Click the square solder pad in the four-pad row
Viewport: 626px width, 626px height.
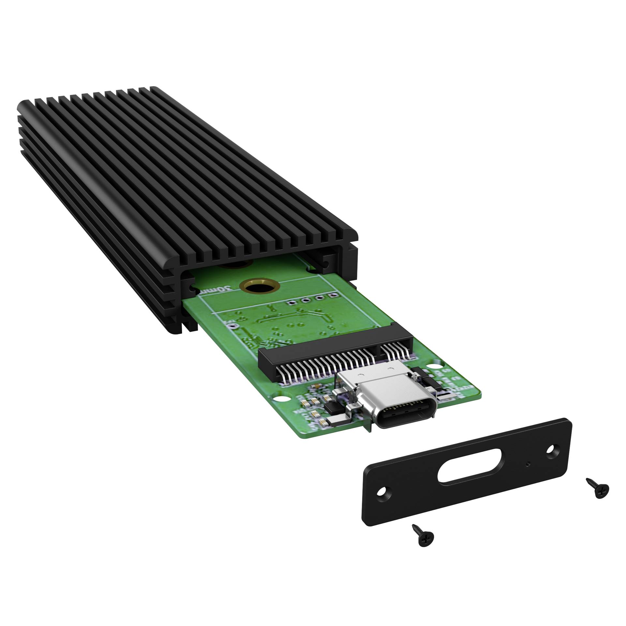pyautogui.click(x=332, y=296)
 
